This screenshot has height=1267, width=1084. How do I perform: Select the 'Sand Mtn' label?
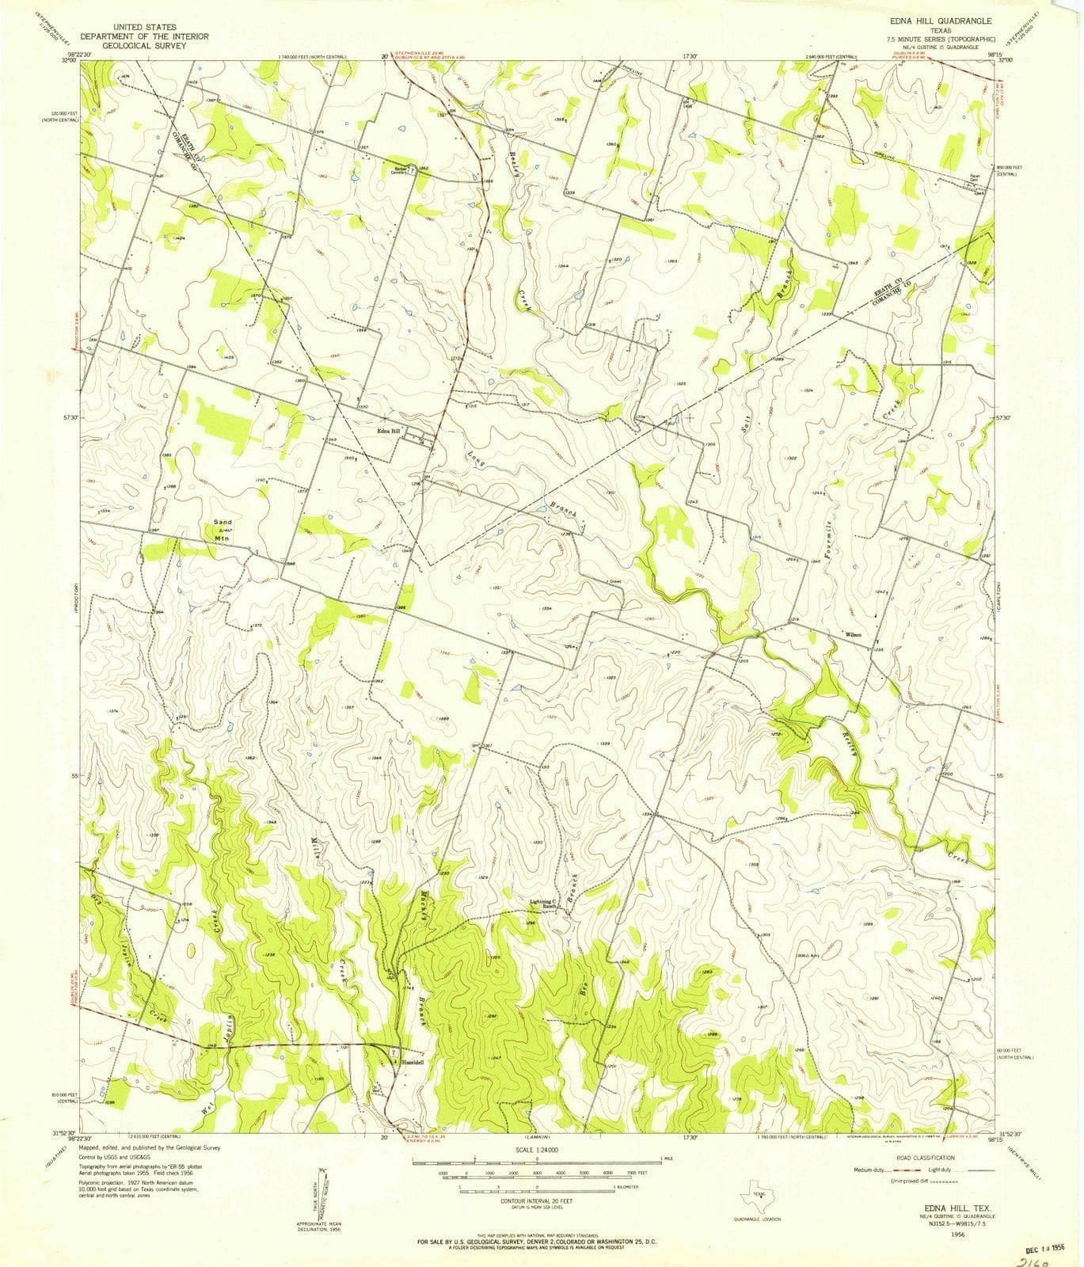(x=225, y=530)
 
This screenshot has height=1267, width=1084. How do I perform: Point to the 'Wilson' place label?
(x=854, y=635)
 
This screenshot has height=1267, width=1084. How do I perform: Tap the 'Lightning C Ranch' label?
(x=546, y=904)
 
